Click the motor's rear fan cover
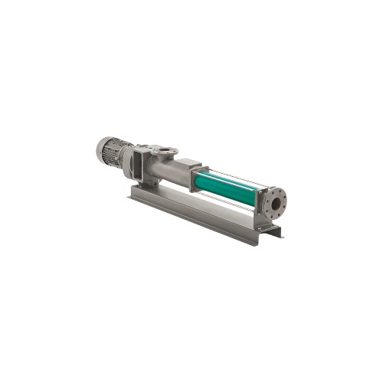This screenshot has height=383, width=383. (x=103, y=150)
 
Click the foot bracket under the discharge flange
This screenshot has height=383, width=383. (x=268, y=225)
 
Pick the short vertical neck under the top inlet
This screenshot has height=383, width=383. (x=162, y=156)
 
